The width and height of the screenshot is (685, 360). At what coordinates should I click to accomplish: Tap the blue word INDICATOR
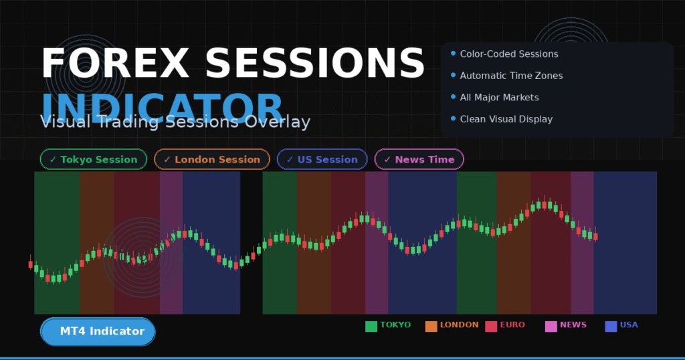point(163,107)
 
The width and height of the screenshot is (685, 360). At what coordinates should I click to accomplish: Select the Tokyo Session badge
point(93,159)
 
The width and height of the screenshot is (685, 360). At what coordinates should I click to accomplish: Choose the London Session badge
point(211,159)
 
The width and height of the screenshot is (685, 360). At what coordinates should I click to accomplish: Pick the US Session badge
point(322,159)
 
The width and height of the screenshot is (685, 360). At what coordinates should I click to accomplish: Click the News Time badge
point(419,159)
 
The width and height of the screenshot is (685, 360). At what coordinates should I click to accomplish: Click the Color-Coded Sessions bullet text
point(509,54)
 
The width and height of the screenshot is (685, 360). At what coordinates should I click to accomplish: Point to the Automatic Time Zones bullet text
point(511,76)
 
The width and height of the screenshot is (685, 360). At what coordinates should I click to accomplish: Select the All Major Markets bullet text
point(499,97)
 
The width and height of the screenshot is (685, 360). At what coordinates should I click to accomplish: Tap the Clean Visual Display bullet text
point(506,119)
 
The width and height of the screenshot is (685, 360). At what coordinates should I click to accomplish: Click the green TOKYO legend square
point(371,327)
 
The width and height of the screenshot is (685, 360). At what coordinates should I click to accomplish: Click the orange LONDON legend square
point(431,327)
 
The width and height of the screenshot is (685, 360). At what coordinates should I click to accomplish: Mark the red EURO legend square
point(491,327)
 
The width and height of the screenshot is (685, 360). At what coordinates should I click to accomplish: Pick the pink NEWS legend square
point(551,327)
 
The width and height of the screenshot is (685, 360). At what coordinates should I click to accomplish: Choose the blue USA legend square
point(611,327)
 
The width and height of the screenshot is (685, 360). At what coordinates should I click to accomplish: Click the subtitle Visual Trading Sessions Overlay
point(175,122)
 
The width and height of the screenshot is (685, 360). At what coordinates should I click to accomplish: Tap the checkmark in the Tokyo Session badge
point(53,159)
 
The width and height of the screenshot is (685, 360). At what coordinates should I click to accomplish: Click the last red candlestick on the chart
point(595,236)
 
